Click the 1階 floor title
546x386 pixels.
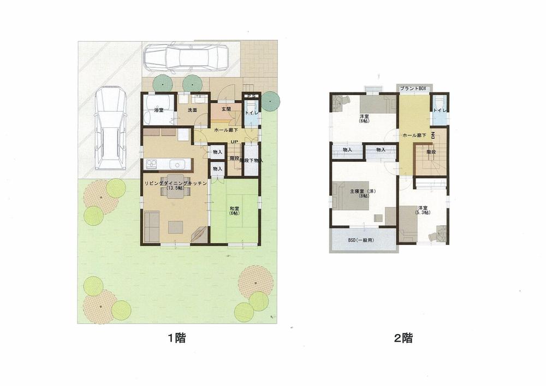coord(177,338)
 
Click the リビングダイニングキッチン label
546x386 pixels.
coord(175,184)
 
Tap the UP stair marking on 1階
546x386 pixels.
coord(234,143)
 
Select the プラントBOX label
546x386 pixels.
coord(413,88)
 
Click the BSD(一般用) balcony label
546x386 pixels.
coord(364,240)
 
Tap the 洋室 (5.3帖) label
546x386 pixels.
coord(423,209)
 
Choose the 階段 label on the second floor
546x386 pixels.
coord(430,151)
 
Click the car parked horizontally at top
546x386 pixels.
coord(186,57)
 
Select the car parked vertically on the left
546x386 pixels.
coord(110,128)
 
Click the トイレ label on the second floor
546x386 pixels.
coord(439,111)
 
